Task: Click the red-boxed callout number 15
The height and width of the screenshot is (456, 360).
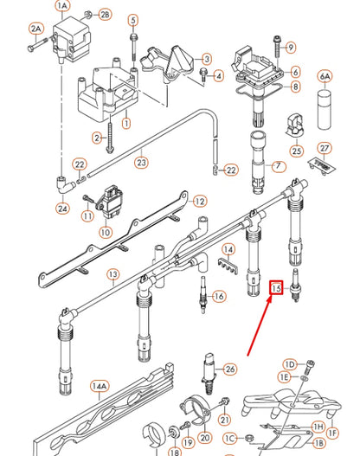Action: pos(277,288)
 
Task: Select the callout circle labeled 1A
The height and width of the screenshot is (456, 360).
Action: pos(61,6)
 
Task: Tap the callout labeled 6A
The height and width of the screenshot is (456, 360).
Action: pos(325,76)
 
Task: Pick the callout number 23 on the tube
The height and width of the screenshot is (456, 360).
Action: pos(141,160)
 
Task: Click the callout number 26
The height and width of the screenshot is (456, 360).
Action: pos(229,369)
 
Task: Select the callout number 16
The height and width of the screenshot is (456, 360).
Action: pos(218,297)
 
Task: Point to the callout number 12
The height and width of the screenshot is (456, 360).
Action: pos(200,201)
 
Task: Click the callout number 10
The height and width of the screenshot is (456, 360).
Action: pos(106,232)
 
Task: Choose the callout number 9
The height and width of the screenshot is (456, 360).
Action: pos(291,47)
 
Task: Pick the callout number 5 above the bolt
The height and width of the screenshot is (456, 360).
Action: pos(132,19)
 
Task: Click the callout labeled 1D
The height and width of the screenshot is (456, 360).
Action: pos(290,364)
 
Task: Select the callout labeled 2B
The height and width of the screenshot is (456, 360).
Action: pos(105,16)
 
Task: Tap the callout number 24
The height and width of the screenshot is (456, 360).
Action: pos(62,208)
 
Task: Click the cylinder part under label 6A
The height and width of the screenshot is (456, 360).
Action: pos(325,105)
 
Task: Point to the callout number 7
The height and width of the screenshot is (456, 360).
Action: pos(278,165)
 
